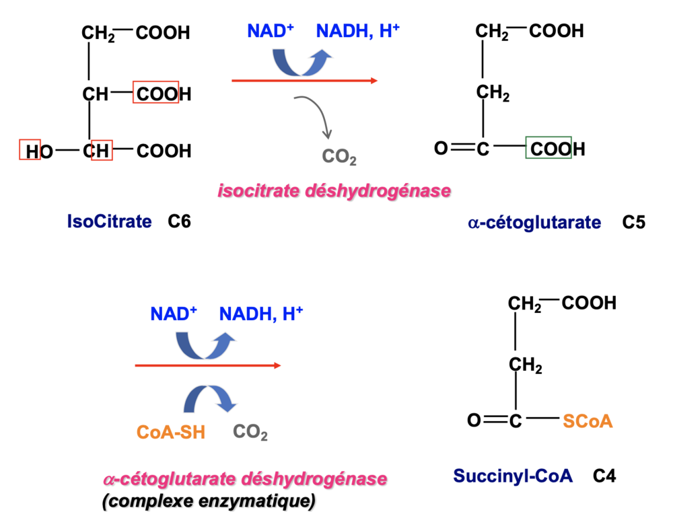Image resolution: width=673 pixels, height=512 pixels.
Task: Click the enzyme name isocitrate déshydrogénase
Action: (x=334, y=191)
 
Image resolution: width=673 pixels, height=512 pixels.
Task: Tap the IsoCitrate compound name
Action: (x=109, y=221)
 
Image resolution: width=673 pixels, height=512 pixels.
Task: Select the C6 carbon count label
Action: (x=180, y=221)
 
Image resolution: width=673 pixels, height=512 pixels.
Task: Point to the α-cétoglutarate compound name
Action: (x=534, y=222)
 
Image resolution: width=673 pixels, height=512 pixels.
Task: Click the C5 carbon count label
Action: (x=633, y=222)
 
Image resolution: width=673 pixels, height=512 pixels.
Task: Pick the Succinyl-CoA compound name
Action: (x=512, y=476)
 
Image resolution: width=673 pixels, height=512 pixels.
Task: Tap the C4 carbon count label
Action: (x=604, y=476)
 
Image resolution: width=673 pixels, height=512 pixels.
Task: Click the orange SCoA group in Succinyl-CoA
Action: (x=588, y=421)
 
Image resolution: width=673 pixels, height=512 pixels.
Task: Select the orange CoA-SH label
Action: (x=171, y=432)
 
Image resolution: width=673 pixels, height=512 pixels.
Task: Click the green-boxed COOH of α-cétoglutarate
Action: (x=548, y=148)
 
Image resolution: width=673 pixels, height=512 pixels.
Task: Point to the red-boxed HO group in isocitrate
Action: (x=30, y=150)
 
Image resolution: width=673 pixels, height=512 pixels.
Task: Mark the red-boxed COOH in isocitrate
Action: (x=156, y=94)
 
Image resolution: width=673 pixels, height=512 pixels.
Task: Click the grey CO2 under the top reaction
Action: (x=339, y=157)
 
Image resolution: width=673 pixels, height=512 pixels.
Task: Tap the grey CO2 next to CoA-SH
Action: (x=250, y=432)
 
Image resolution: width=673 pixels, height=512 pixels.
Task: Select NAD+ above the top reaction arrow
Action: (x=271, y=31)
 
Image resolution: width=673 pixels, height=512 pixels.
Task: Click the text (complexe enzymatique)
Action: (x=208, y=501)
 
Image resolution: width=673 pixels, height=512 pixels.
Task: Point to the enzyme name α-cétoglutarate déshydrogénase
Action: (x=245, y=480)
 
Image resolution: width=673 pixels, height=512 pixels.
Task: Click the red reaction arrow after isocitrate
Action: (x=304, y=81)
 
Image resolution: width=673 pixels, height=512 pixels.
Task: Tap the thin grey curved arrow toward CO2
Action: (x=316, y=115)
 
